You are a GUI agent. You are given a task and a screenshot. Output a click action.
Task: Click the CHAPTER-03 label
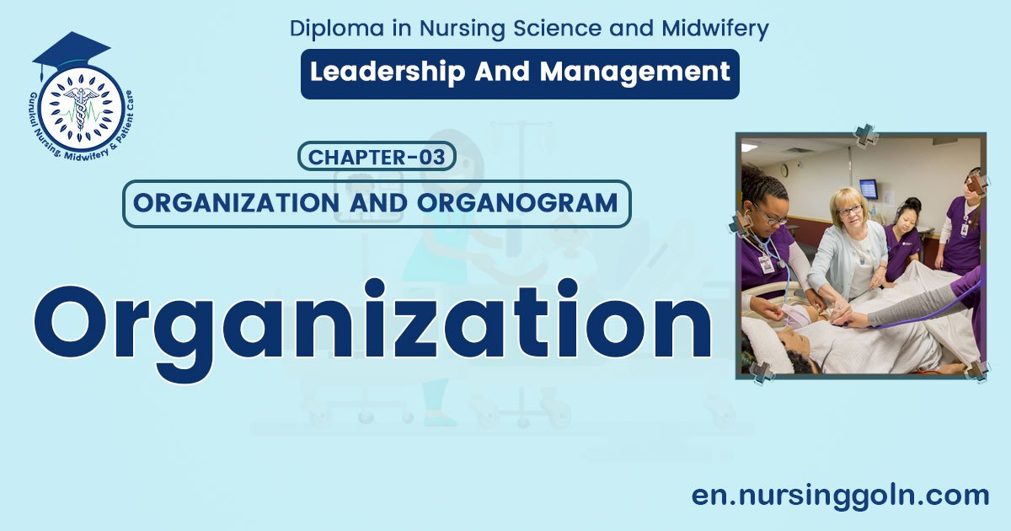377,157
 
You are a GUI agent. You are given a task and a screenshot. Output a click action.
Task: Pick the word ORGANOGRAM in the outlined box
532,203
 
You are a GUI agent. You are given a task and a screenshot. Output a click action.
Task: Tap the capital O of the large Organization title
81,322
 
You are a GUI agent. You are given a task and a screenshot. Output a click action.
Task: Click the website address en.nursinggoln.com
840,495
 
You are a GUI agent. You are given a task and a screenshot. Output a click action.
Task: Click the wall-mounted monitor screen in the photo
868,187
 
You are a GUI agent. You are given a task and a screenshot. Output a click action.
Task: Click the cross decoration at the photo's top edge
864,134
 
